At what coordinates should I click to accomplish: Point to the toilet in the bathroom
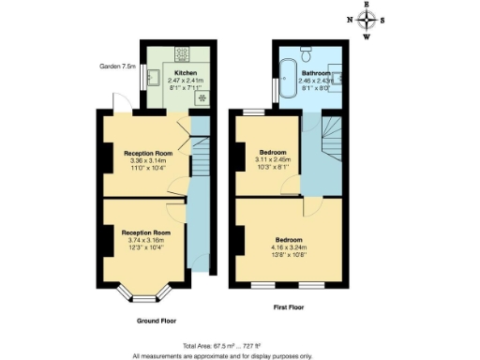click(307, 49)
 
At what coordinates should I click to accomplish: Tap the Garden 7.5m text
click(118, 67)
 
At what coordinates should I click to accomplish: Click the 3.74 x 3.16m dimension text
click(145, 239)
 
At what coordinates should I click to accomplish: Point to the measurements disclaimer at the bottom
click(239, 355)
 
